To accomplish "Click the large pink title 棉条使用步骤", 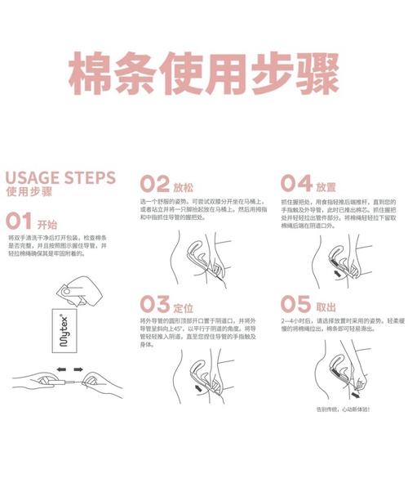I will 203,75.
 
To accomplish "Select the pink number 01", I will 19,221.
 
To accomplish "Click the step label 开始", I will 48,222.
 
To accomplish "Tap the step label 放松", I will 184,185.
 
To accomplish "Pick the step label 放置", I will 326,185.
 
